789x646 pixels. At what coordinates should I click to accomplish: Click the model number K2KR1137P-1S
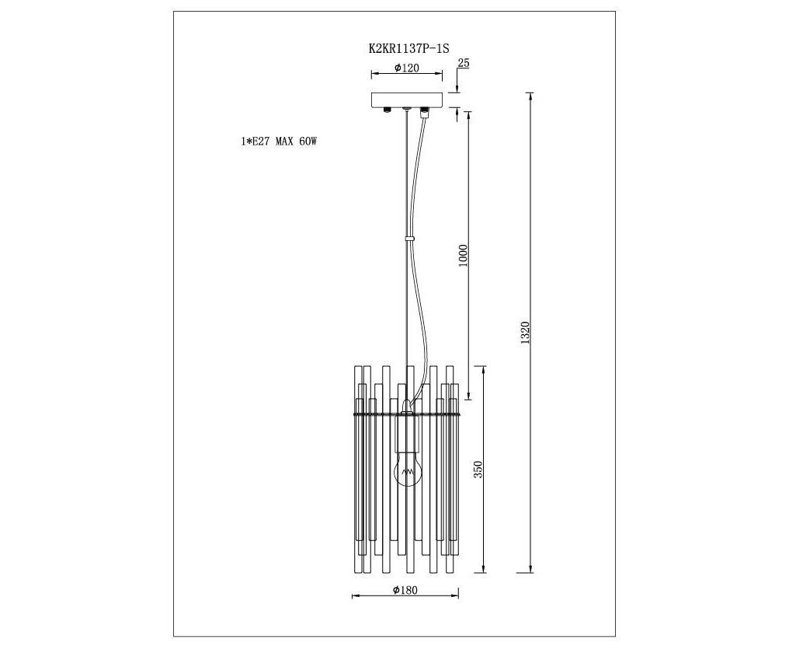coord(408,48)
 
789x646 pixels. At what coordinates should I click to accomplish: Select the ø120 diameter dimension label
coord(407,68)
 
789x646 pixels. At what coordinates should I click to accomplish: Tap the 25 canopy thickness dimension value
coord(464,63)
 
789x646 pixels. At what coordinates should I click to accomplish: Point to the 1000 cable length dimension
coord(464,256)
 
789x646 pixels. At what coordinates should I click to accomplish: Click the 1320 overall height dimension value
coord(525,333)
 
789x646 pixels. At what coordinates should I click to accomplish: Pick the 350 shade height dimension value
coord(478,469)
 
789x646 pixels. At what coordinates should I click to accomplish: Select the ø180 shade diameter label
coord(405,589)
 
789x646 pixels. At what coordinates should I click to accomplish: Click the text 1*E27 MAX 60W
coord(280,141)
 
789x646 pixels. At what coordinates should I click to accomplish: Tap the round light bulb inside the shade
coord(407,469)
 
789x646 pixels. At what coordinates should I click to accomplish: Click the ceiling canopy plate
coord(407,100)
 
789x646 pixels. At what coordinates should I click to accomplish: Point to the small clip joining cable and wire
coord(410,237)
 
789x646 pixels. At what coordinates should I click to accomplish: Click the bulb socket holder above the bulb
coord(407,432)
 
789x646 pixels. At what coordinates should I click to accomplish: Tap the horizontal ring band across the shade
coord(407,414)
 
